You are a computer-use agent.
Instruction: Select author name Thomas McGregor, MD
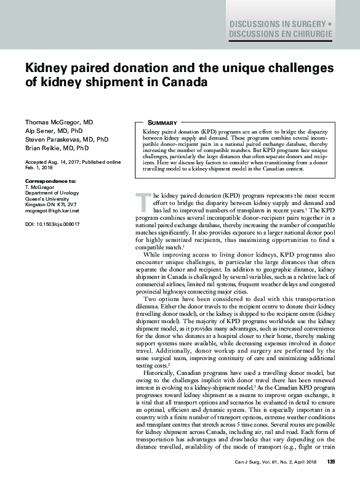(59, 123)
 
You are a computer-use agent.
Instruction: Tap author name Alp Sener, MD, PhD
(53, 131)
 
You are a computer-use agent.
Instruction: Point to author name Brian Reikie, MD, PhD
(57, 148)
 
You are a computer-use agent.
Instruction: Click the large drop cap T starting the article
(142, 201)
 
